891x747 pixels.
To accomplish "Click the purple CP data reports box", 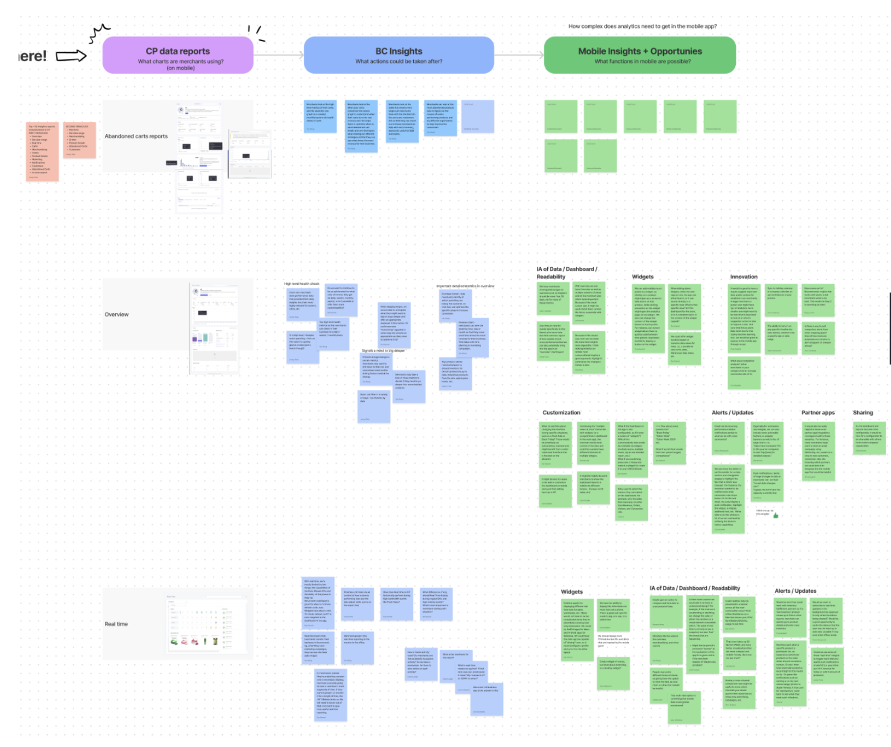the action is point(178,55).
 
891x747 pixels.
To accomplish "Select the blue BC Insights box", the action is point(398,55).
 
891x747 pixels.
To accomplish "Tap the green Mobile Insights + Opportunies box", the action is point(640,55).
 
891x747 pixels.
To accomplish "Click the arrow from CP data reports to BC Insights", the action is point(278,55).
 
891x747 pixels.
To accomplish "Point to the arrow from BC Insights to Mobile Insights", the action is point(519,55).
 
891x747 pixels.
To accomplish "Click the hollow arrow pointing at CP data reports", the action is point(71,56).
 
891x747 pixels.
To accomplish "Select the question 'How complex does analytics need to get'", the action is point(642,26).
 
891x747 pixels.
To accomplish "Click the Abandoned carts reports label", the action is point(136,136).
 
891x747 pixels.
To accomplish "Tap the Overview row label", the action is point(116,314).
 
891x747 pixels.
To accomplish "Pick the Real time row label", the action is point(116,624).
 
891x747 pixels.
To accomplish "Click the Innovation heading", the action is point(743,277).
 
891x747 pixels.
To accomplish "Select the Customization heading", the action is point(561,413).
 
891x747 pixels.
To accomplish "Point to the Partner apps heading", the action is point(818,413).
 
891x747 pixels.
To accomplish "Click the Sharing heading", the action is point(863,413).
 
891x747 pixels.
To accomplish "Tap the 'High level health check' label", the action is point(301,284).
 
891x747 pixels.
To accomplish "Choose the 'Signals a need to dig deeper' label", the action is point(383,351).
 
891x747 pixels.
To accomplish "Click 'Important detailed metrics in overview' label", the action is point(465,286).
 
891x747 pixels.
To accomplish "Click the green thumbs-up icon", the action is point(776,515).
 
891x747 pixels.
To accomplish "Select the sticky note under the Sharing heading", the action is point(869,437).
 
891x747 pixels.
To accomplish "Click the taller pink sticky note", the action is point(42,151).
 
